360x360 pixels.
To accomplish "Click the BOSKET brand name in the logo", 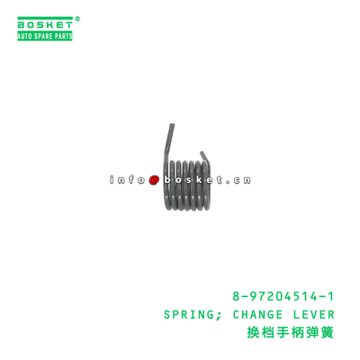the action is click(45, 24).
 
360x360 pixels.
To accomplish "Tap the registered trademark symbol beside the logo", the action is click(77, 19).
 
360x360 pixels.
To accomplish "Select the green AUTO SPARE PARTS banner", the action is click(45, 36).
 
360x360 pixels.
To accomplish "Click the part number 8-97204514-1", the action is click(283, 297).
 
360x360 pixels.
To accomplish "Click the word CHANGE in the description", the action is click(257, 315).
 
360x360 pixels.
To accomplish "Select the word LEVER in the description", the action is click(313, 315).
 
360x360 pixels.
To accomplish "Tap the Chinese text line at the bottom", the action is click(290, 333).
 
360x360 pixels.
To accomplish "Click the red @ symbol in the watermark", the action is click(154, 180).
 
